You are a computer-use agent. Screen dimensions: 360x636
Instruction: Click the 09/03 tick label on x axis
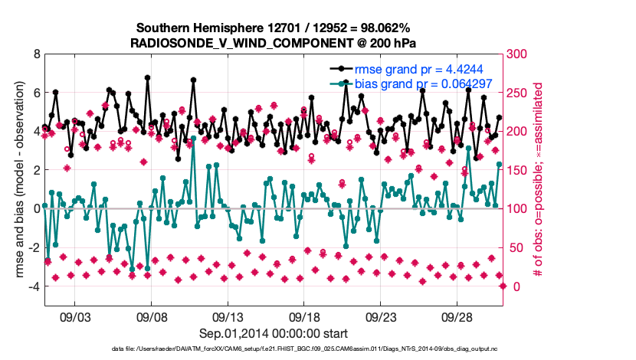(75, 317)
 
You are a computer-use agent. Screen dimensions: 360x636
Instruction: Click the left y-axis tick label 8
(36, 54)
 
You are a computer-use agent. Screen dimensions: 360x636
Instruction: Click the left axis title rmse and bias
(16, 170)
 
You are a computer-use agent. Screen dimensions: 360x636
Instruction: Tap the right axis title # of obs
(539, 170)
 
